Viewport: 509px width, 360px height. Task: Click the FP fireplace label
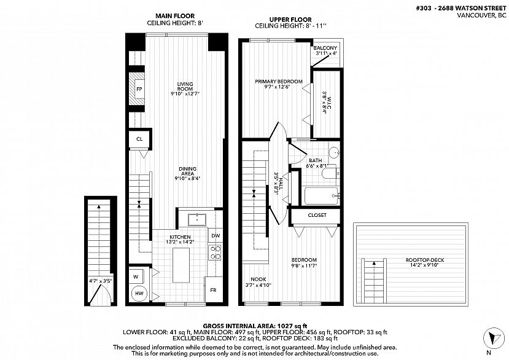139,89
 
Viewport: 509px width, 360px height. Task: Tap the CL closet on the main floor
140,139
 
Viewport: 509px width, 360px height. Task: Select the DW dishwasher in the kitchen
216,235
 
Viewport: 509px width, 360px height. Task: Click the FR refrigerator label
213,290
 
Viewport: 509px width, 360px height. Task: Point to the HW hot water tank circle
139,294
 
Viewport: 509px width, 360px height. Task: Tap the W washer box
136,277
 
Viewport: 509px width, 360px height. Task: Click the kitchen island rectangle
181,265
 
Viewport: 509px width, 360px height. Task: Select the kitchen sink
197,219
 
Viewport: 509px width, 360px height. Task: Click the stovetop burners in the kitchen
216,252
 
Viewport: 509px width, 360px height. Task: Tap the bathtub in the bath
321,195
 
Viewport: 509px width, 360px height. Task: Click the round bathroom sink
334,152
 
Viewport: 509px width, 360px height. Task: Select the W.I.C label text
329,103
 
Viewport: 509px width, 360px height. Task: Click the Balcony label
325,48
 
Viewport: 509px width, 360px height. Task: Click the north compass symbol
494,338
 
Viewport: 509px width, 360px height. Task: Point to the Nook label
258,279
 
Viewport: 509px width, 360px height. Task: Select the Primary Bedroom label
279,81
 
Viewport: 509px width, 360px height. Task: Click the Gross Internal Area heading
255,326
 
